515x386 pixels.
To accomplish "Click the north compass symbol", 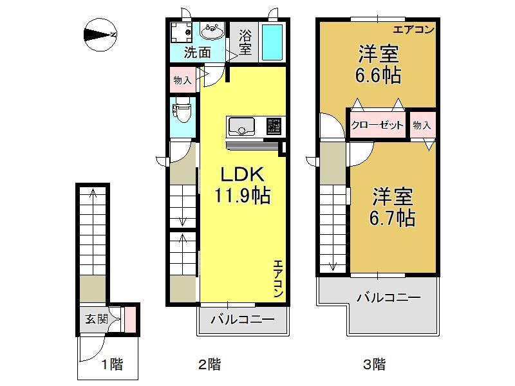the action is click(x=100, y=35).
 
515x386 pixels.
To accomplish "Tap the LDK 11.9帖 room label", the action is click(x=243, y=185).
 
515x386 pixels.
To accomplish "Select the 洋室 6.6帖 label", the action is click(x=378, y=64).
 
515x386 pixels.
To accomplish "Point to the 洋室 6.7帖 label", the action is click(x=392, y=207).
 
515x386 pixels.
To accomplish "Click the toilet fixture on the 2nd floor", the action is click(x=182, y=113).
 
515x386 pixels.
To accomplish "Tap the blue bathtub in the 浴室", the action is click(x=272, y=42).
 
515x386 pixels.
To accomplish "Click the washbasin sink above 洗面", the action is click(x=212, y=32).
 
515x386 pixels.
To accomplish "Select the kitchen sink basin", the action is click(x=242, y=126).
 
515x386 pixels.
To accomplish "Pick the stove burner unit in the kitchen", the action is click(x=274, y=126).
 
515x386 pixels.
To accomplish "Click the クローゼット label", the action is click(x=377, y=125).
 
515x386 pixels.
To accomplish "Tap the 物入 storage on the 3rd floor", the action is click(x=423, y=125).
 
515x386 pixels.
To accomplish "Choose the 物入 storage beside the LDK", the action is click(x=183, y=80).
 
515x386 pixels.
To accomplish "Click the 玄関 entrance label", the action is click(x=97, y=318).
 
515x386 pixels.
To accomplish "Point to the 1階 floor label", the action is click(x=111, y=364).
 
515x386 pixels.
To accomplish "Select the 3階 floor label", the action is click(x=374, y=364).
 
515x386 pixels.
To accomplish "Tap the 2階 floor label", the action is click(x=210, y=364).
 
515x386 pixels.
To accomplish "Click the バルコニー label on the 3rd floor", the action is click(x=389, y=298).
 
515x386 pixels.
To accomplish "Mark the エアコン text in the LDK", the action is click(x=278, y=279).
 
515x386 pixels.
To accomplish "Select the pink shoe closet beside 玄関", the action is click(x=131, y=319).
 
